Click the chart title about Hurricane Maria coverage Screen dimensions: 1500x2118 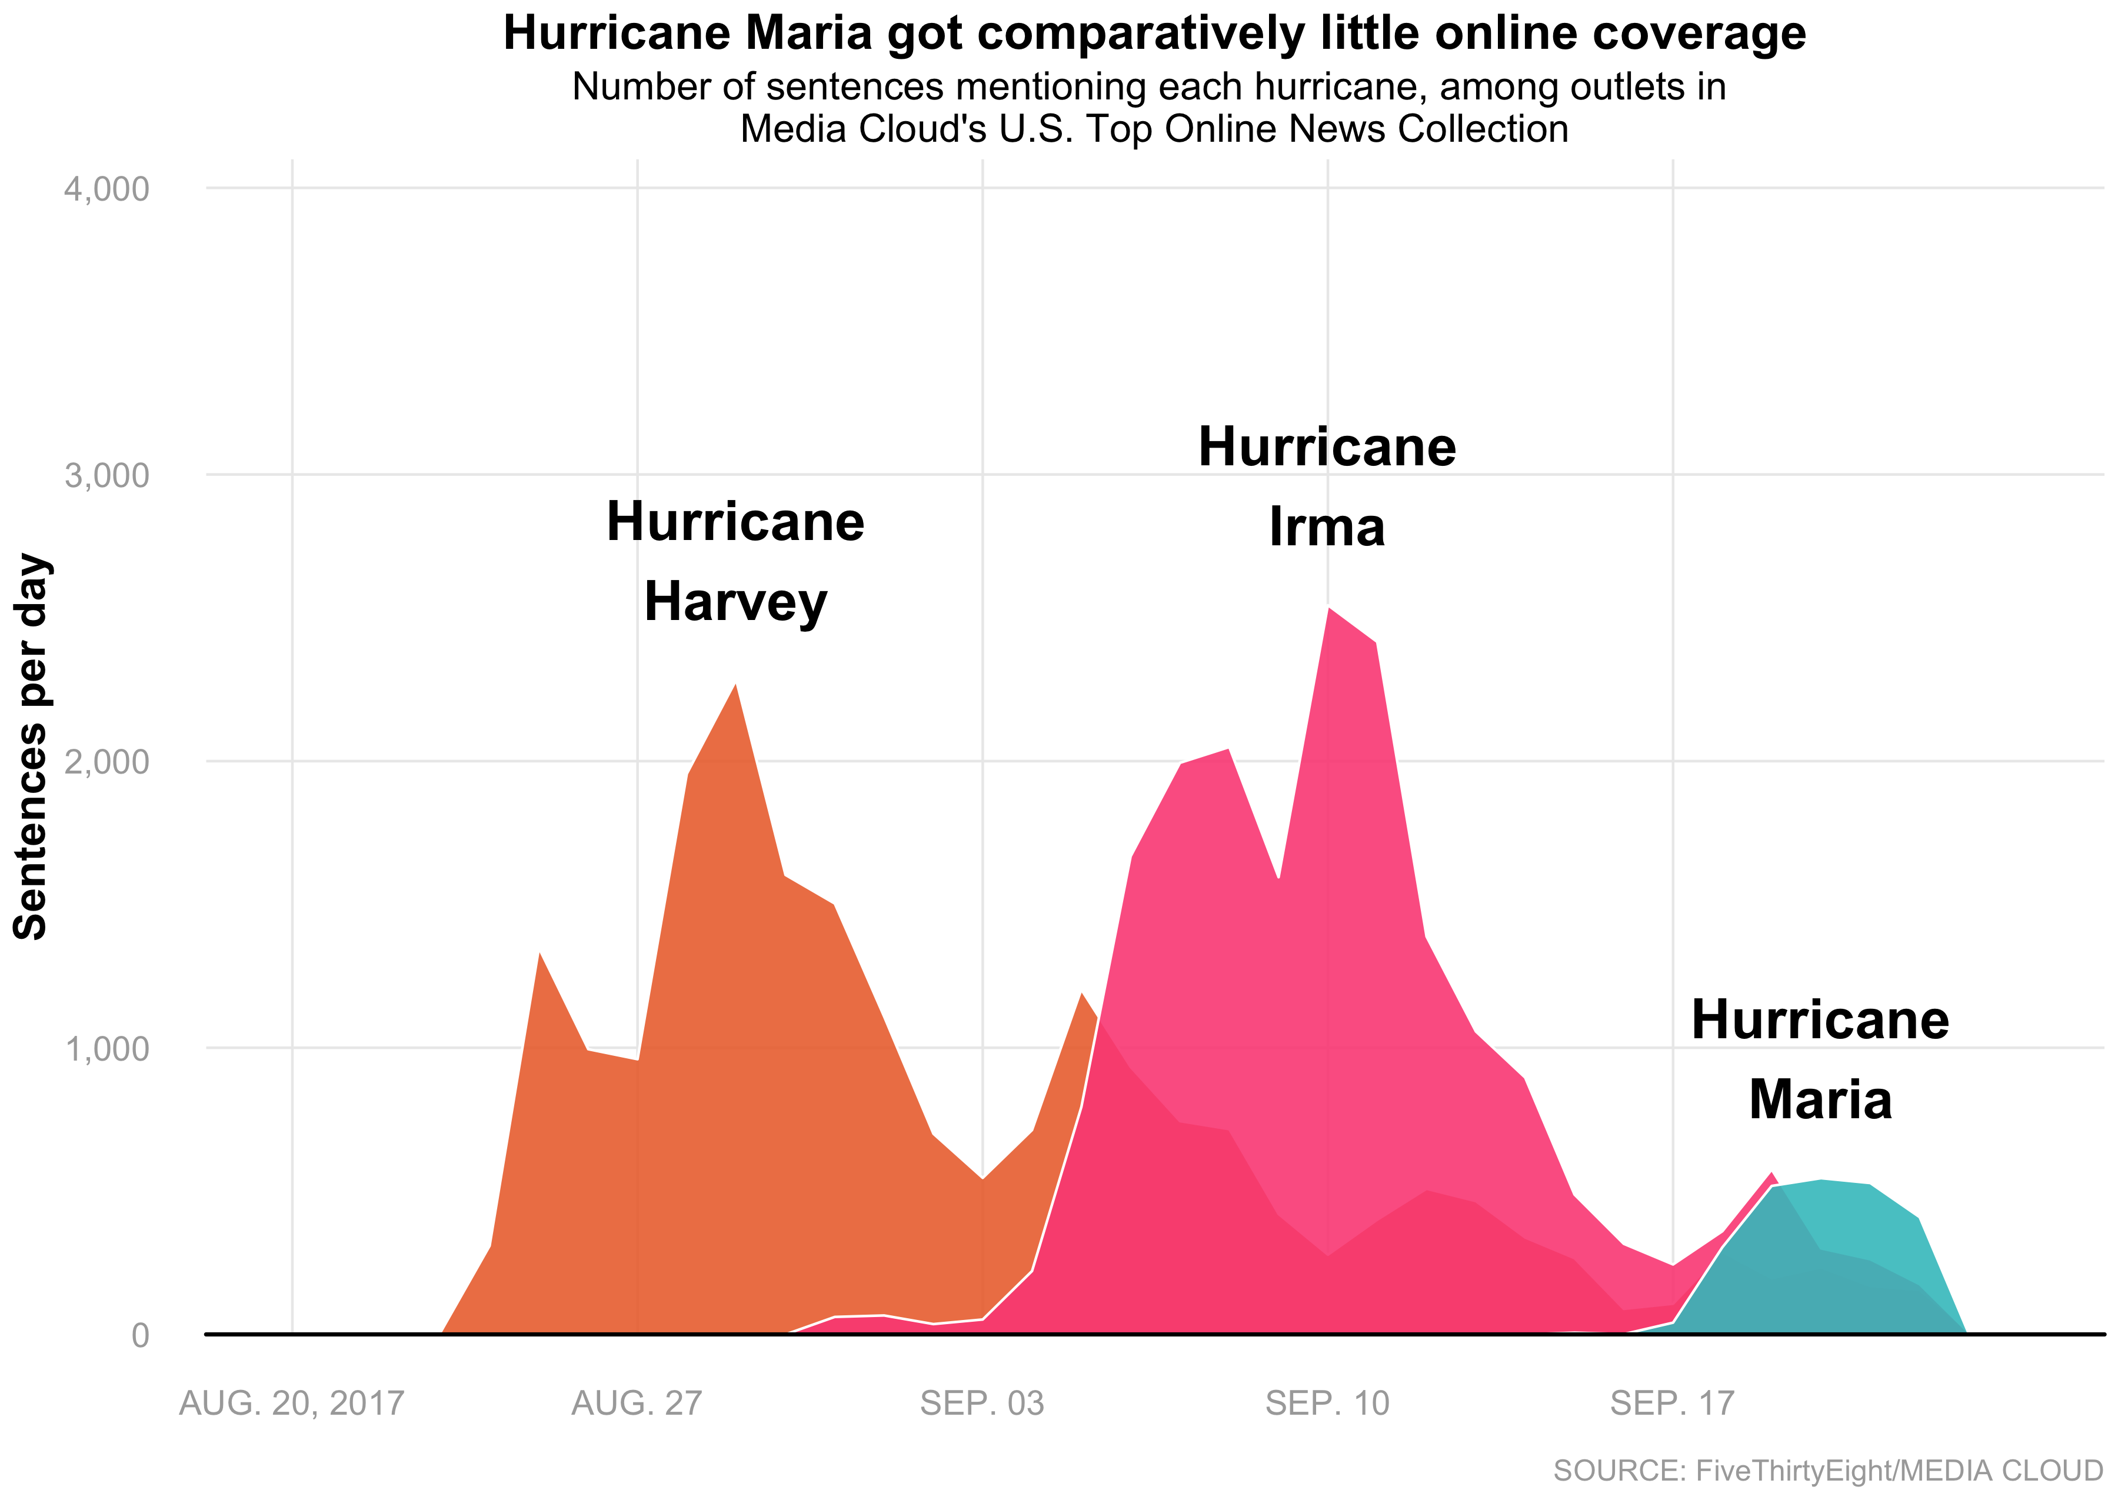(1154, 34)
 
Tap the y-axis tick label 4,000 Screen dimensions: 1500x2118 (106, 189)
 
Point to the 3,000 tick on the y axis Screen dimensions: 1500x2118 (106, 476)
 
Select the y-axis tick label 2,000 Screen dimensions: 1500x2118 (106, 762)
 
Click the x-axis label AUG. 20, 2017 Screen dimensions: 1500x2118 (292, 1404)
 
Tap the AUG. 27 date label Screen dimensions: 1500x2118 (637, 1404)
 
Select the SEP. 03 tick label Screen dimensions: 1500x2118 (982, 1404)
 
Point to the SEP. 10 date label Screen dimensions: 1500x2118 (1327, 1404)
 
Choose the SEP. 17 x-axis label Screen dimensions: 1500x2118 (1673, 1404)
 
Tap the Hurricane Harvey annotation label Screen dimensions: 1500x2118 (735, 562)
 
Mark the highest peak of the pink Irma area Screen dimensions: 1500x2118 (1328, 609)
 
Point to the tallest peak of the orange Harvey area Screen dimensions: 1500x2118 (735, 686)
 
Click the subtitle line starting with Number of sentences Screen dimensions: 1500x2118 (1149, 87)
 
